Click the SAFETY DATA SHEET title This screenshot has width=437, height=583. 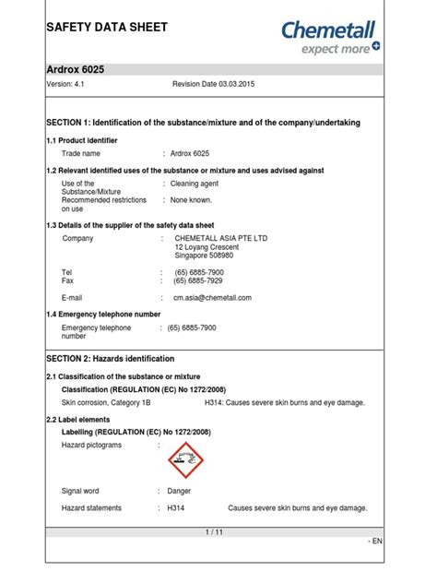107,27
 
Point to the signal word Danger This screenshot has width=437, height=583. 179,491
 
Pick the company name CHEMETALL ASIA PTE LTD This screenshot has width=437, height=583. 220,238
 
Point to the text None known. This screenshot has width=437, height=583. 193,199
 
